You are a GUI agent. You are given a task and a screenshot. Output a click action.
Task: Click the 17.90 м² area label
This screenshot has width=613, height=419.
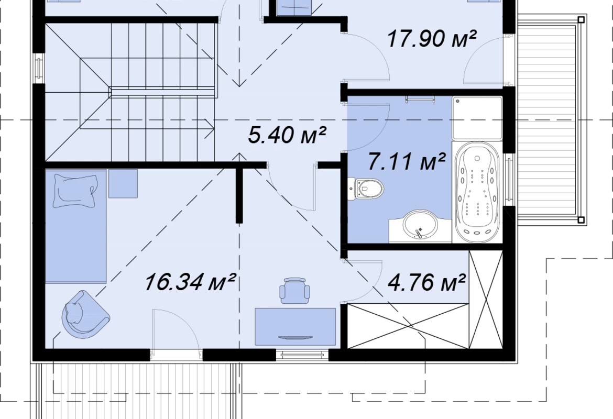coord(432,39)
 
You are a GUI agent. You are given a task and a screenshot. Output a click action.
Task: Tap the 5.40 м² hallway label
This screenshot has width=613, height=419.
coord(287,135)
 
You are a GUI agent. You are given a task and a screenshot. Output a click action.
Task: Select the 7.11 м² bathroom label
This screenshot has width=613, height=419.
coord(407,161)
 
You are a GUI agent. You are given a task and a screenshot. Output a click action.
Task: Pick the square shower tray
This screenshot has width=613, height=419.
coord(477,118)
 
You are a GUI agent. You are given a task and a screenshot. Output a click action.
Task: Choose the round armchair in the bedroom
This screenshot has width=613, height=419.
coord(84,314)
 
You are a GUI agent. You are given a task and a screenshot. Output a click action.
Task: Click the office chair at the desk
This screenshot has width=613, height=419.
coord(295,290)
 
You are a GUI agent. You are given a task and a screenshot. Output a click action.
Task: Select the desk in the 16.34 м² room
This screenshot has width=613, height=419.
coord(295,327)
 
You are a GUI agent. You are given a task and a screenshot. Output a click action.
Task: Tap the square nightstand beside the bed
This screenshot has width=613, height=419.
coord(123,183)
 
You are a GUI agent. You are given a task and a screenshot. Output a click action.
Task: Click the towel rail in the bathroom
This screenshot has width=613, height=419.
coord(420,99)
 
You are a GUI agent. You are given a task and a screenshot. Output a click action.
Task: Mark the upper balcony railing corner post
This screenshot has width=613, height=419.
coord(582,19)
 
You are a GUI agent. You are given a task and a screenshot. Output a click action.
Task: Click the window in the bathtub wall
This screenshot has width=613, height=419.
coord(509,179)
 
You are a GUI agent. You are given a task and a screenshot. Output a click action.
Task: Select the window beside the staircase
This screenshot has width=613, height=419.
coord(39,68)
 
